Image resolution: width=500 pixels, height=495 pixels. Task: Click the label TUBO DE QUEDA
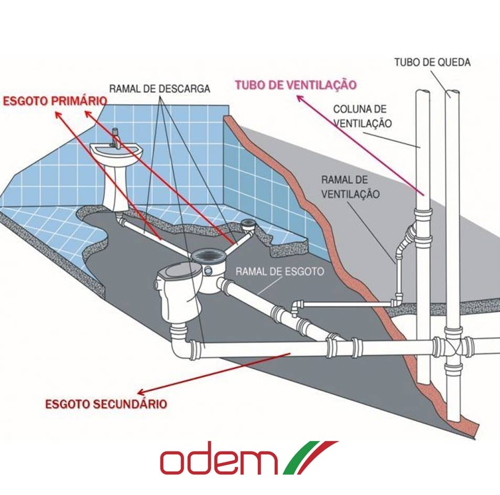[x=432, y=62]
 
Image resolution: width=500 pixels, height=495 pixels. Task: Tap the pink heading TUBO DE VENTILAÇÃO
[x=296, y=85]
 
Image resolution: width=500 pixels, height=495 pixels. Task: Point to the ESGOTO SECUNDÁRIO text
[x=106, y=404]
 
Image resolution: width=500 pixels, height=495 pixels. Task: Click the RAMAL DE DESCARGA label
[x=159, y=89]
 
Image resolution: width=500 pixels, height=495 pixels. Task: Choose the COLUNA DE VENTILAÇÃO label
[x=363, y=116]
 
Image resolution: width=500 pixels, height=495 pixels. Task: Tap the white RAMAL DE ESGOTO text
[x=280, y=272]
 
